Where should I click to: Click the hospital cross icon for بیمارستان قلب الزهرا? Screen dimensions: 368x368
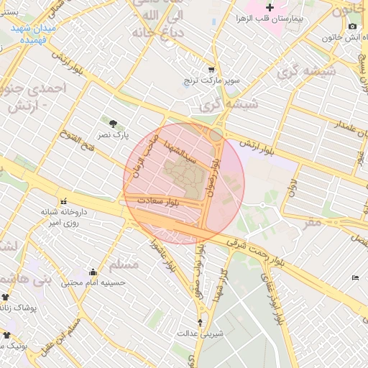click(x=271, y=7)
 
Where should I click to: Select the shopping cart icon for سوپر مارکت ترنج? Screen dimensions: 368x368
click(x=211, y=70)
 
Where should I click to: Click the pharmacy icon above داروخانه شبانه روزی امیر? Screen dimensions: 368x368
click(x=65, y=202)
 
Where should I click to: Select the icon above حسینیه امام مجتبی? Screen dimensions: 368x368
click(x=93, y=272)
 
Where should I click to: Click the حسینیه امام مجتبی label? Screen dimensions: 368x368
click(x=93, y=283)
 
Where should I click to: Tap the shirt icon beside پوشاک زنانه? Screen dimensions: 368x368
click(x=6, y=295)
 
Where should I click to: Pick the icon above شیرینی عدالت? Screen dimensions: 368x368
click(x=200, y=322)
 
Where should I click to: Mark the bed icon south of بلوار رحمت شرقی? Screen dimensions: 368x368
click(x=355, y=277)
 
